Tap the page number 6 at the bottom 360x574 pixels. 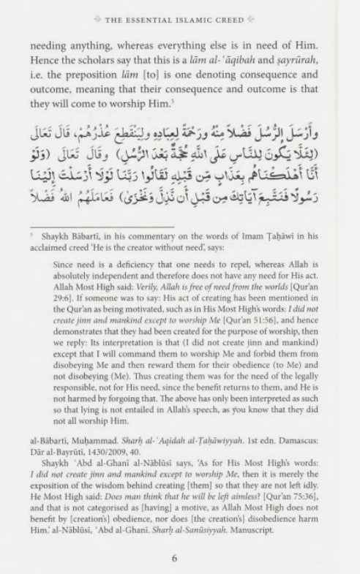175,557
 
